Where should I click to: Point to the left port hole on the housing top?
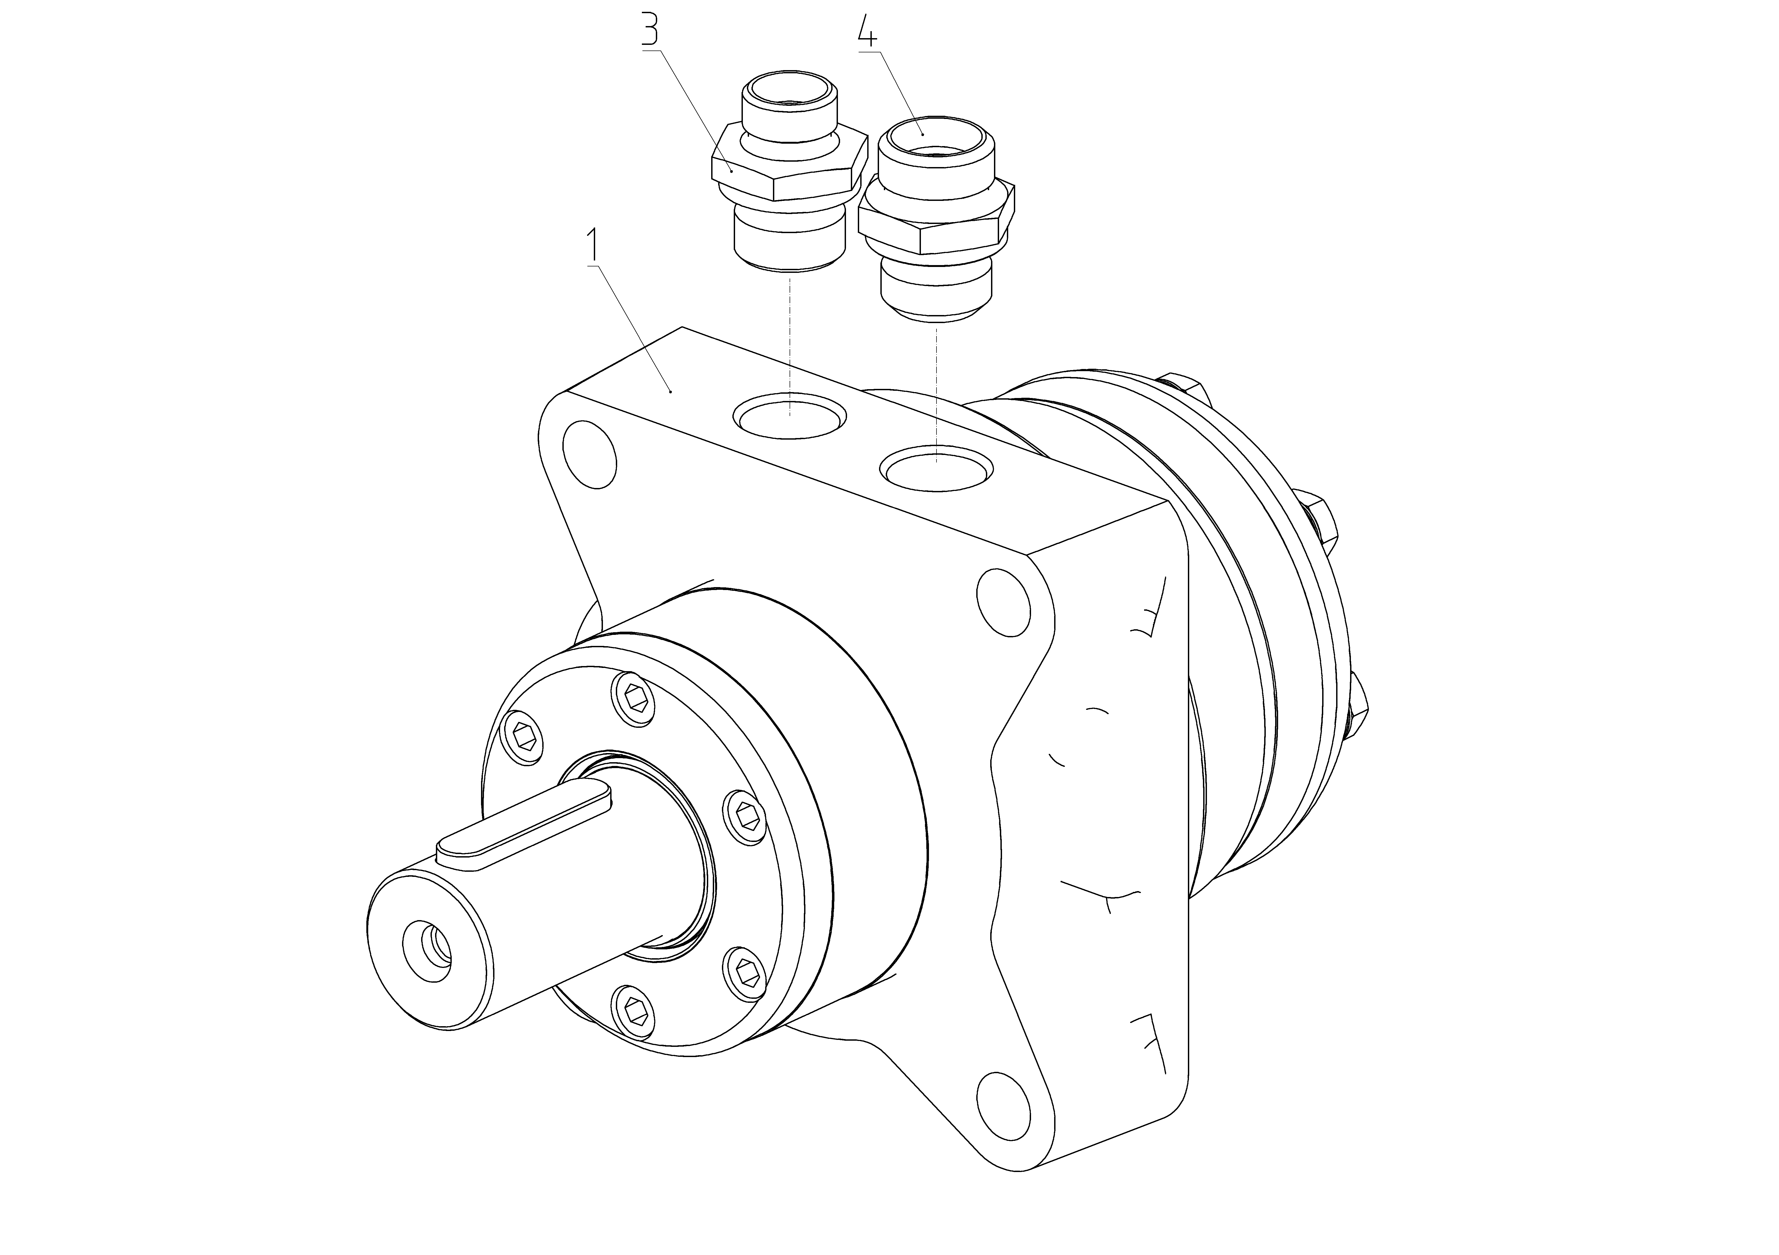(790, 416)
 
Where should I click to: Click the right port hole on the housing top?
(937, 468)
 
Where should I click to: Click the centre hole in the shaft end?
(428, 950)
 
